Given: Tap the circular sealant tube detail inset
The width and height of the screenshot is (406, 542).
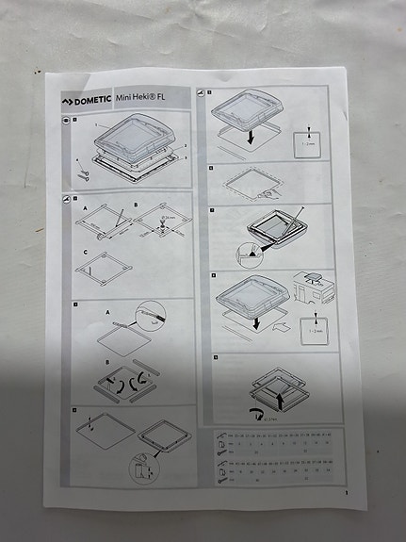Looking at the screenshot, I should [x=154, y=315].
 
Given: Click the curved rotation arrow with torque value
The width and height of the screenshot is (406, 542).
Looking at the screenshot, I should [x=252, y=411].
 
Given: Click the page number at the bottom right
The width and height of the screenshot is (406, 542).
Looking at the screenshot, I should [x=346, y=492].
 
